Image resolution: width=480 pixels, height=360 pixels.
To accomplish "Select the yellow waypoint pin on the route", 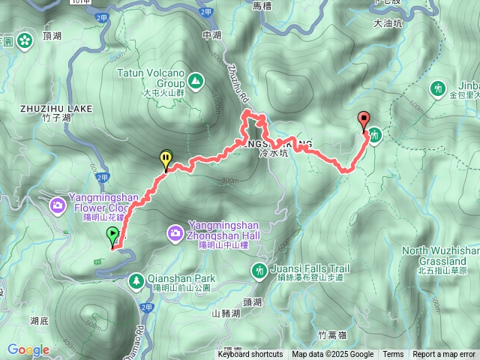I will (165, 159).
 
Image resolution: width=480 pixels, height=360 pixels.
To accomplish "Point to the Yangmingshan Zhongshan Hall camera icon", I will (175, 234).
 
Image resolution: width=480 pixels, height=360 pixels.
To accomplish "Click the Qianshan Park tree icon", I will (136, 281).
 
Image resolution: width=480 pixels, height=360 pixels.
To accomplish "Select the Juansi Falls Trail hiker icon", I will (259, 270).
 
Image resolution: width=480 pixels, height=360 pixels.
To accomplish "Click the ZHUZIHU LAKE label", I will (55, 109).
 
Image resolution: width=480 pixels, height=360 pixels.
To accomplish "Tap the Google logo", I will (28, 349).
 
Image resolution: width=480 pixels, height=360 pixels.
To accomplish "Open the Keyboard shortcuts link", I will (250, 355).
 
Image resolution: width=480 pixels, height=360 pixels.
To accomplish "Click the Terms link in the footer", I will (393, 355).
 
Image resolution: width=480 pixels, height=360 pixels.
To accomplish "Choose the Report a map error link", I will (444, 355).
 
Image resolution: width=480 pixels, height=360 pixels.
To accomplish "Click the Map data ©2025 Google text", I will (333, 355).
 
